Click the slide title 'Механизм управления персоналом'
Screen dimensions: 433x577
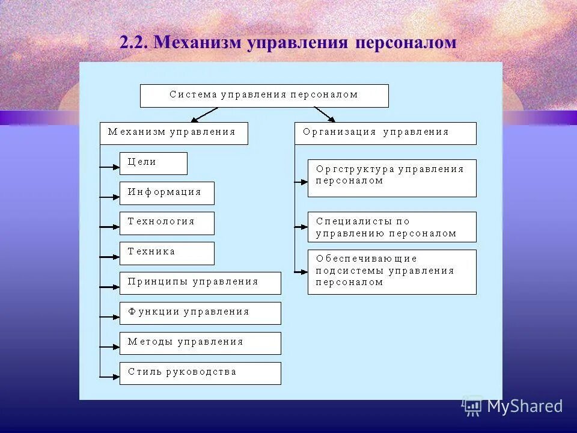(x=288, y=43)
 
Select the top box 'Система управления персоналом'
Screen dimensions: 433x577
(x=264, y=96)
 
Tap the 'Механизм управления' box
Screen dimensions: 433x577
(x=173, y=133)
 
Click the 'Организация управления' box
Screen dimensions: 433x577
(x=385, y=133)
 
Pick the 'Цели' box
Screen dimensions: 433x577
(x=153, y=163)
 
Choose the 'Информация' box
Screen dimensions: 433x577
(x=166, y=193)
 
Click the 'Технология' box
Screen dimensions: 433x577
(x=166, y=223)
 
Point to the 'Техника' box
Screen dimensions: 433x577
(x=166, y=253)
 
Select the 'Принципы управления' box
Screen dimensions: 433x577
(x=200, y=283)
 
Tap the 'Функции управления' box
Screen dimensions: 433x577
(x=200, y=313)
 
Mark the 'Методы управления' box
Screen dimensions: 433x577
(x=200, y=343)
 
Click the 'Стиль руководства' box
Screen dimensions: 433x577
(x=200, y=373)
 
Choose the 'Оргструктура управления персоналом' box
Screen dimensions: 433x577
(x=391, y=178)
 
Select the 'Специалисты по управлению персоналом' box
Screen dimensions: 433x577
(x=391, y=227)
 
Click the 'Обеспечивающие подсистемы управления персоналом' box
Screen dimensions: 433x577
(x=391, y=272)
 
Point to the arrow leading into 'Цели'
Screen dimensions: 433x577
(x=110, y=167)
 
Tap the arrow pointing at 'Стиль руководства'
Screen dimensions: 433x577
(x=110, y=377)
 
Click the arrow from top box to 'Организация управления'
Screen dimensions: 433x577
(x=325, y=114)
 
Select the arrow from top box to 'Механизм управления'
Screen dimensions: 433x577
(x=204, y=114)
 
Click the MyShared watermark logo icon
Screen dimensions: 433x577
(x=472, y=407)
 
